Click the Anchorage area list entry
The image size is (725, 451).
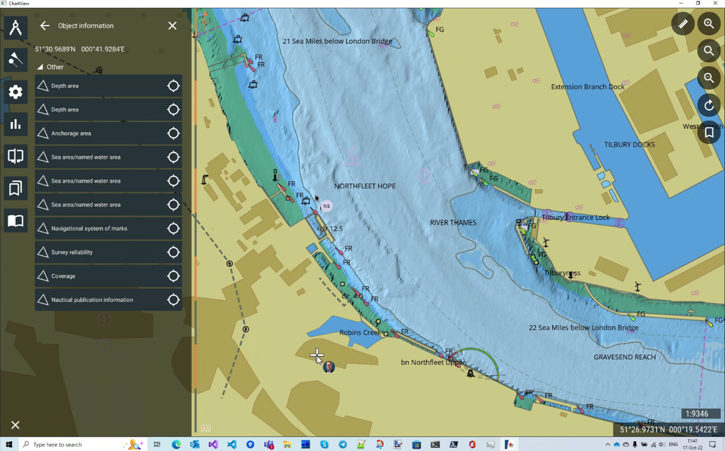point(71,133)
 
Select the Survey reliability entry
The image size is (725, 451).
point(72,252)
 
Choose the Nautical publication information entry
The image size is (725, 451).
point(92,300)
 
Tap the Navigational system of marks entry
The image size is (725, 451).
point(89,229)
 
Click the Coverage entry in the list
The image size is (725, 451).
point(63,276)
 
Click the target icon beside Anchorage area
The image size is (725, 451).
point(173,133)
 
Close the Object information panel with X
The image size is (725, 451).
point(172,26)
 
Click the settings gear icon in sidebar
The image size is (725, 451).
point(16,92)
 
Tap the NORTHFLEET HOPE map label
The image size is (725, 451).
point(364,186)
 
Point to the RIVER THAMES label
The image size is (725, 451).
point(453,222)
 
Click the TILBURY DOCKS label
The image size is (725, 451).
point(630,145)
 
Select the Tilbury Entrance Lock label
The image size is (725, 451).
point(575,218)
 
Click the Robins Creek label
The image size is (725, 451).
point(360,332)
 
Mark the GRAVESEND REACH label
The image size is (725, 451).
point(625,357)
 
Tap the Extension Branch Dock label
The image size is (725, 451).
point(588,87)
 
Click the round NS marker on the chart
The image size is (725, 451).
point(327,206)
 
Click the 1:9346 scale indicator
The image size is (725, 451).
point(697,414)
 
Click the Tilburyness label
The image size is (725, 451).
point(562,273)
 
